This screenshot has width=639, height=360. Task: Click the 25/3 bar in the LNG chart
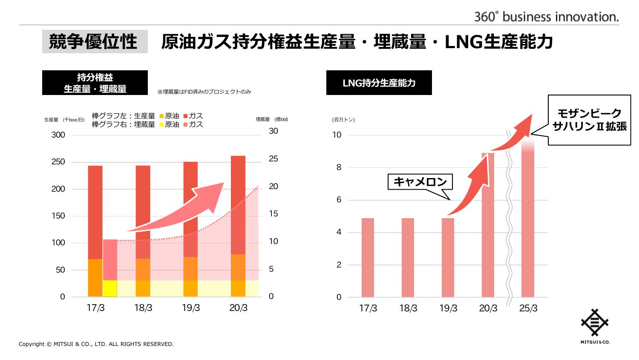click(x=528, y=222)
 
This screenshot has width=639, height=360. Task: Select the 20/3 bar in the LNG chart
click(x=488, y=226)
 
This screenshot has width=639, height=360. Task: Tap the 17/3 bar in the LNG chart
click(x=368, y=257)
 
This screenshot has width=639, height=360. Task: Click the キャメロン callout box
click(x=420, y=182)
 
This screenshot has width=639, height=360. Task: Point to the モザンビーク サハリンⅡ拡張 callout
click(x=589, y=120)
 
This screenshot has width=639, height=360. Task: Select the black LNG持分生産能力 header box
click(x=379, y=83)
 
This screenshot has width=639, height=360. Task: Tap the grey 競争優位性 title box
click(x=95, y=42)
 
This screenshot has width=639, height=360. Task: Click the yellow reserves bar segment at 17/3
click(x=110, y=288)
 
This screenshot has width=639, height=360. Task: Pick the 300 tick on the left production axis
click(x=58, y=135)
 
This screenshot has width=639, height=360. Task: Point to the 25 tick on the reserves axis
click(x=273, y=159)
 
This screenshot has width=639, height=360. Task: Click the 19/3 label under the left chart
click(x=190, y=308)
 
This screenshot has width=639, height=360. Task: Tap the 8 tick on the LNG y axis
click(x=339, y=167)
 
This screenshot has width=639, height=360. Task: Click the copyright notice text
click(x=96, y=344)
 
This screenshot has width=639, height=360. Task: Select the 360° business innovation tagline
click(x=547, y=17)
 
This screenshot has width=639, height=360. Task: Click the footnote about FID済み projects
click(x=204, y=92)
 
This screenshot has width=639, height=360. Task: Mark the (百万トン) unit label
click(x=343, y=120)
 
